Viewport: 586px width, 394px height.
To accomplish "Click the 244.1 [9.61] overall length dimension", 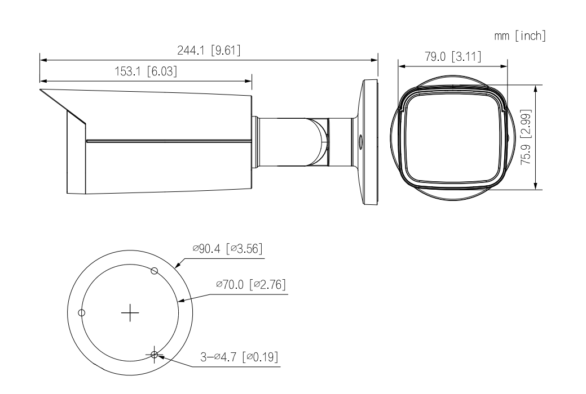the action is (209, 50).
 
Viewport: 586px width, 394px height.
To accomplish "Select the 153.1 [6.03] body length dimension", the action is (146, 71).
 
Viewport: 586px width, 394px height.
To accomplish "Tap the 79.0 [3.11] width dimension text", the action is (453, 57).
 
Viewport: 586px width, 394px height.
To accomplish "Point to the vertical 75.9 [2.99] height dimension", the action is (526, 137).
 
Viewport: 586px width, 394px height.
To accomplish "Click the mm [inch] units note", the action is (520, 36).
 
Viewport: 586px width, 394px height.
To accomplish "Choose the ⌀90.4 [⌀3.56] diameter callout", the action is (228, 248).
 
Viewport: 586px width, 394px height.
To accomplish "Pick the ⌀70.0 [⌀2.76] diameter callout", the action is (251, 285).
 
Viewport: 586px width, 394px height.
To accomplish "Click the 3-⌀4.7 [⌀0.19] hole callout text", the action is (239, 357).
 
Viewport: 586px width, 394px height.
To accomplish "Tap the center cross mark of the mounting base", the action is (130, 312).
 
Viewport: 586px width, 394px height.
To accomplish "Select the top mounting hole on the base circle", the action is (155, 271).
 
